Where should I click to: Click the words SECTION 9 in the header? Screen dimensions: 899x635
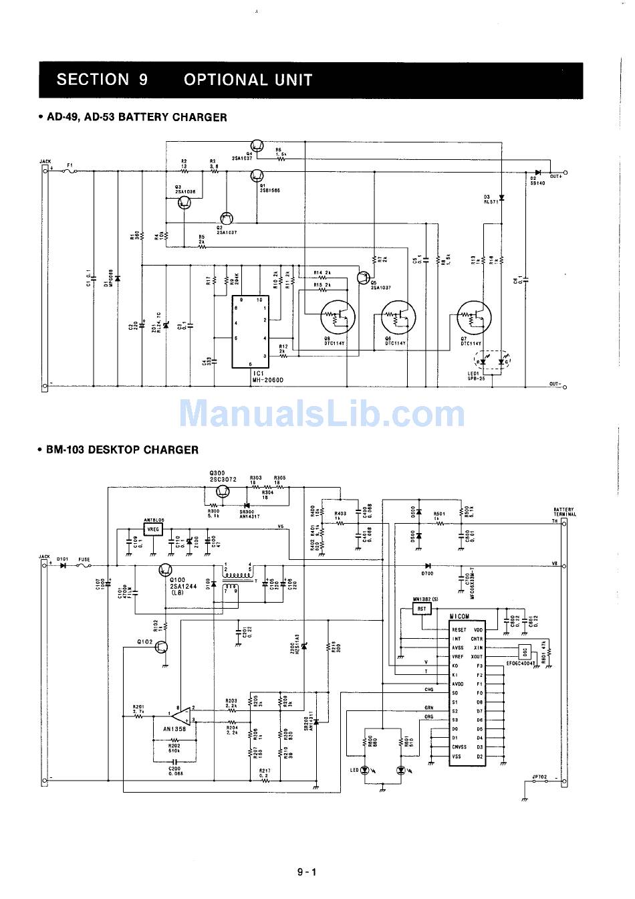click(102, 80)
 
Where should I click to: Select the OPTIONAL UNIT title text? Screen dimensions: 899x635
click(247, 80)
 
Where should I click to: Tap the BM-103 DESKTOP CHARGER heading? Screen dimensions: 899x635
click(122, 449)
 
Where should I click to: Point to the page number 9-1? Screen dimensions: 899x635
click(307, 872)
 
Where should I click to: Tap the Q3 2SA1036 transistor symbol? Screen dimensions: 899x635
click(185, 203)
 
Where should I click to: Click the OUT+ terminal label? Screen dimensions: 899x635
click(556, 176)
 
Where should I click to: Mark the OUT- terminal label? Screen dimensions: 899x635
click(556, 384)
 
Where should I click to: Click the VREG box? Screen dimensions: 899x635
click(154, 529)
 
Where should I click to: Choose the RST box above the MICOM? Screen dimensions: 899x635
click(422, 609)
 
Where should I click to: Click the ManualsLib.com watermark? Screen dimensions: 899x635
click(321, 412)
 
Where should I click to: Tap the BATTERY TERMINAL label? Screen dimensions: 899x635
click(563, 512)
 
